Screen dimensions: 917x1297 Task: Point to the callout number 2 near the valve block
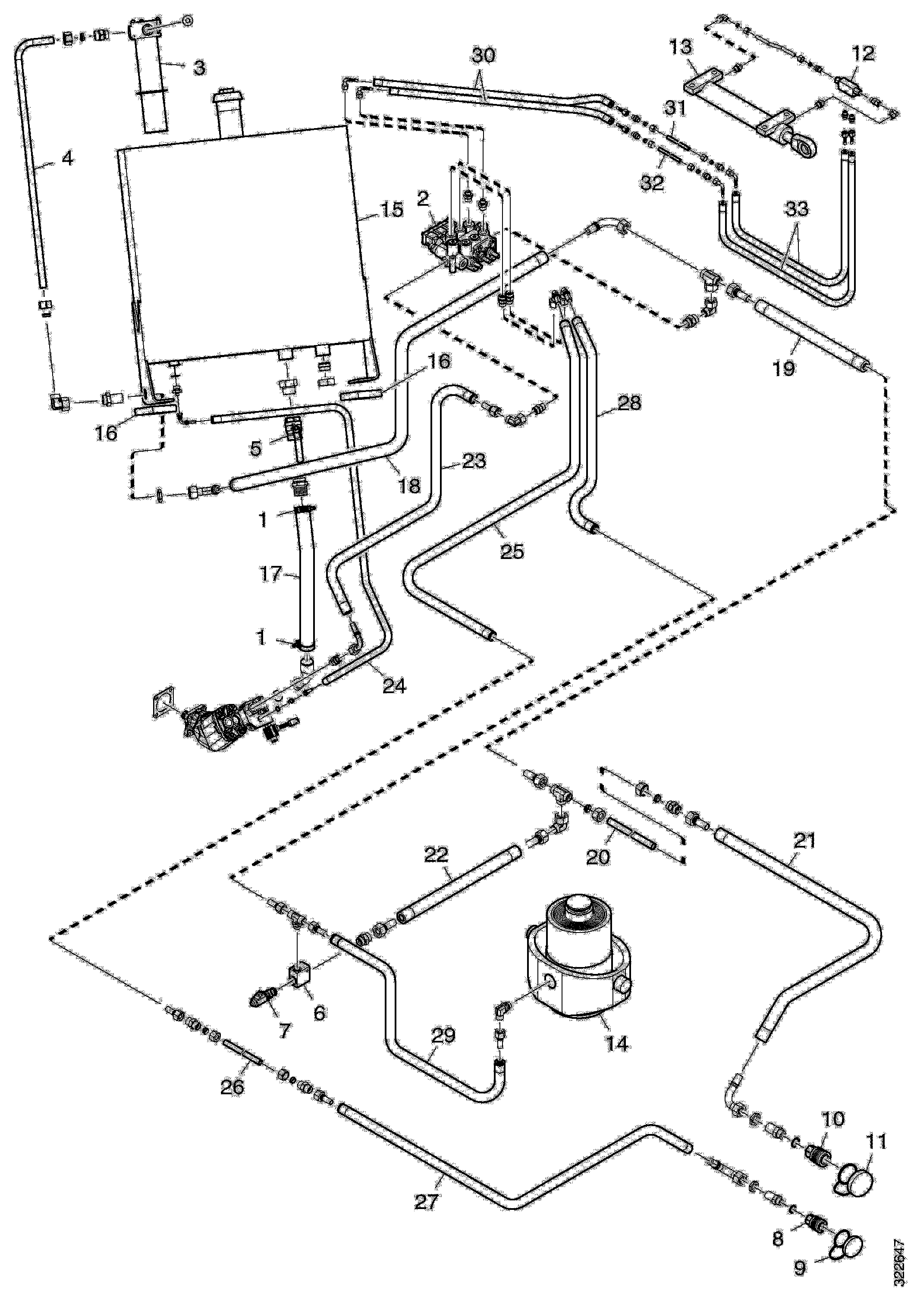[423, 198]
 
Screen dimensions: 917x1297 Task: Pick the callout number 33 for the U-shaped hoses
[797, 210]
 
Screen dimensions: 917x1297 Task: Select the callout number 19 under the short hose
[785, 368]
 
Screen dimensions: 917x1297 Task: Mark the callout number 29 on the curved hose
[443, 1036]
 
